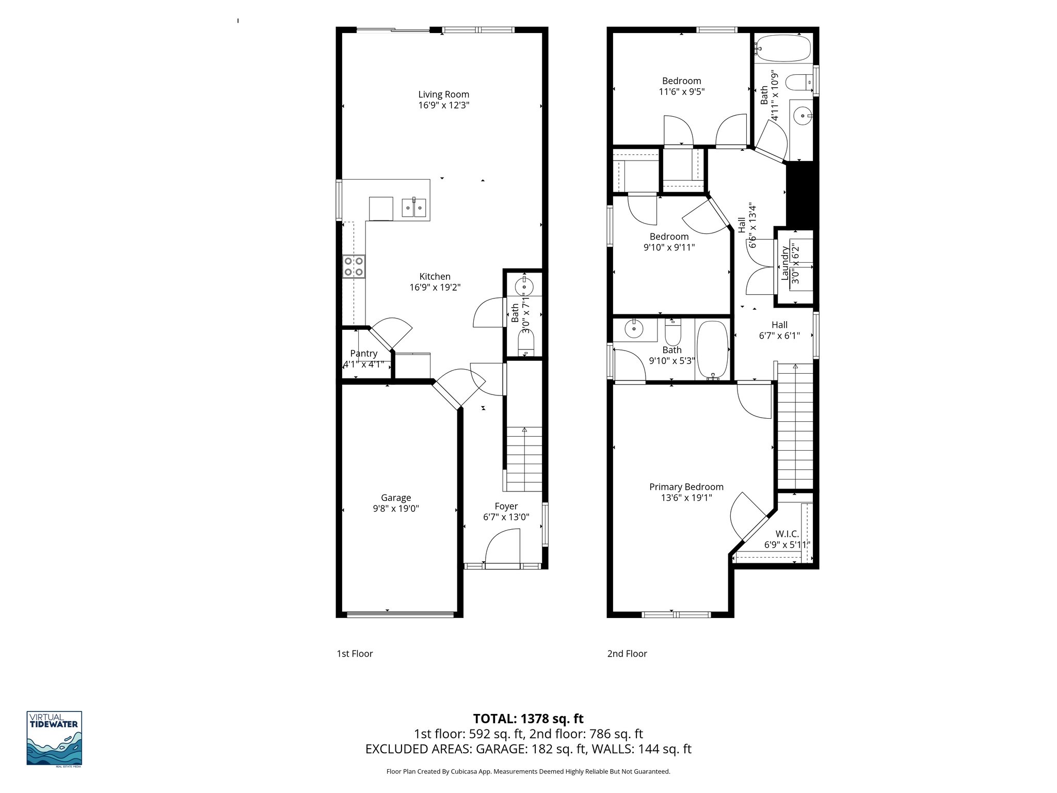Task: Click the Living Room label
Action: [x=443, y=94]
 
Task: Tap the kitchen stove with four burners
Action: [x=354, y=267]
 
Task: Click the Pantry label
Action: [x=364, y=354]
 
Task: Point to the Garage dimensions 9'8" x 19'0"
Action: [x=396, y=509]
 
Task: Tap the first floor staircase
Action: [x=524, y=459]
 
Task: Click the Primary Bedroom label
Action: [x=686, y=487]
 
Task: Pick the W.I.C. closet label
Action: [x=787, y=534]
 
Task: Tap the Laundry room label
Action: [x=785, y=263]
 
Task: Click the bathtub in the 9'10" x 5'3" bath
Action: [x=712, y=350]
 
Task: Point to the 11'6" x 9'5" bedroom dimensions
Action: [x=681, y=92]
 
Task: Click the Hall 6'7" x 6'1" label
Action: [x=779, y=325]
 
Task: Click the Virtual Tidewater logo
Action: [x=54, y=738]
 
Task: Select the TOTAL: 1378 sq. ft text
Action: [x=528, y=719]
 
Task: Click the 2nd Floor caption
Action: [x=627, y=654]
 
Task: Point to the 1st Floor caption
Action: [x=355, y=654]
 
